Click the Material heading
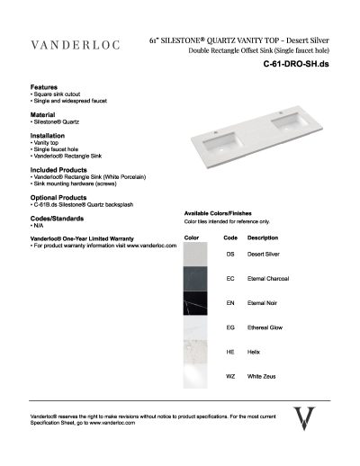click(x=42, y=115)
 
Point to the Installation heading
click(x=48, y=136)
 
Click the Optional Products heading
click(x=58, y=197)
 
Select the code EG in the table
click(x=230, y=327)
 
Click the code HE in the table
click(x=230, y=352)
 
